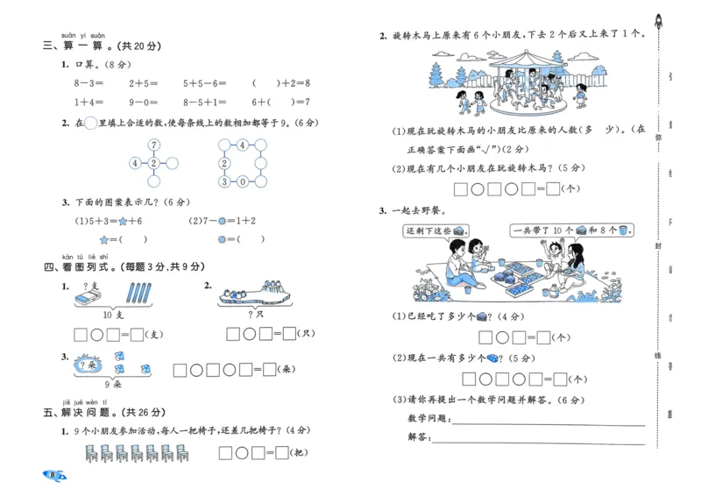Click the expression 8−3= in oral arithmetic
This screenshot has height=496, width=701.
pos(90,83)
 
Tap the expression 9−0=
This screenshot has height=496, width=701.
pos(143,102)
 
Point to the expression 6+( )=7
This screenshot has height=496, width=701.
pos(281,102)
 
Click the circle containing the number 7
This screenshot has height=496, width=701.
pos(153,145)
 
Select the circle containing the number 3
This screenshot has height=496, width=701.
pos(224,181)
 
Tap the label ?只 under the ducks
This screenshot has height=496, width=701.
pos(257,314)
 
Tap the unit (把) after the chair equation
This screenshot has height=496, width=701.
pos(300,452)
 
